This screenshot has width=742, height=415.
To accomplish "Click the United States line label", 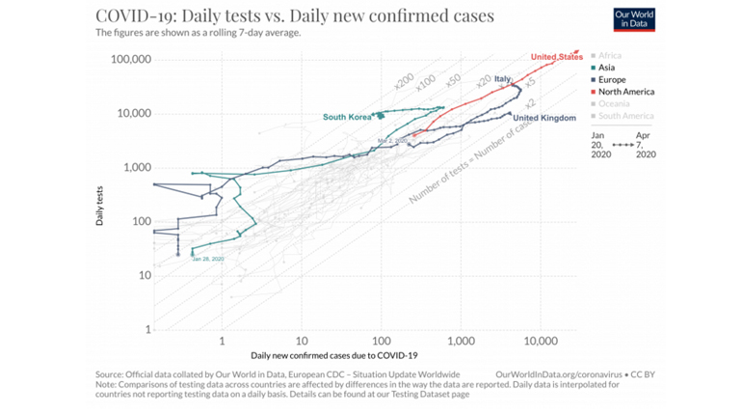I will point(557,57).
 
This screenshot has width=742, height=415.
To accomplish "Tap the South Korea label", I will point(347,118).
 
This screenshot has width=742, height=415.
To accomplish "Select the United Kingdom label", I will point(544,118).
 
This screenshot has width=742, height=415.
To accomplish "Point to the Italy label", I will point(503,79).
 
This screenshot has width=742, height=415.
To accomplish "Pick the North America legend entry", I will point(626,92).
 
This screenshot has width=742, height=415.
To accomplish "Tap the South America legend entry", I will point(625,116).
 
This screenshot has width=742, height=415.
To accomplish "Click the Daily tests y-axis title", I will point(100,208).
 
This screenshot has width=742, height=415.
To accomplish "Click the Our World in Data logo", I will point(634,19).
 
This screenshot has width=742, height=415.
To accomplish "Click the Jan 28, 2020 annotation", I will point(207,259).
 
